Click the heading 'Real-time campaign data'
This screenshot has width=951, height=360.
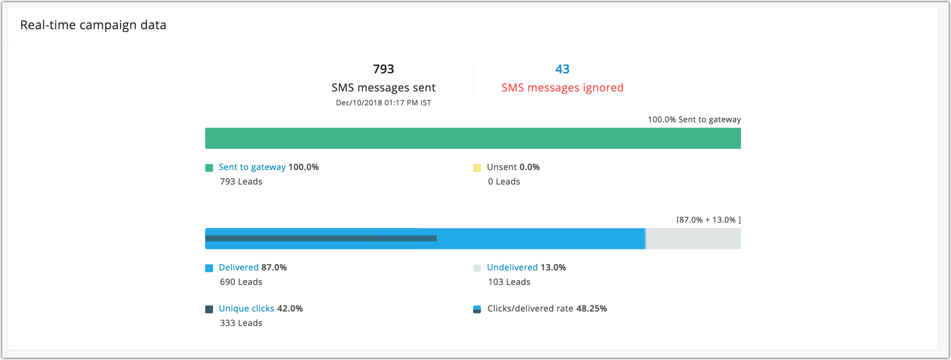[x=93, y=25]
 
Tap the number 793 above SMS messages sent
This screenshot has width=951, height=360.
[x=384, y=69]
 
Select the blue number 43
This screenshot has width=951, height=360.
[x=563, y=69]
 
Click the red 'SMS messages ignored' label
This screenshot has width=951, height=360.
[x=562, y=88]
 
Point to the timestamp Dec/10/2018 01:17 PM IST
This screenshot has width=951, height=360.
[x=384, y=103]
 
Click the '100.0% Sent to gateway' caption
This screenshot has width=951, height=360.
[x=694, y=120]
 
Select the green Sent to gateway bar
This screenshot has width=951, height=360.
[x=472, y=138]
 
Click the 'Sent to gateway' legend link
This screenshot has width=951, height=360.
[x=252, y=167]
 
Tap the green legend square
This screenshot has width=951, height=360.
[x=209, y=168]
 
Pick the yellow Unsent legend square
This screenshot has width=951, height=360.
[x=477, y=168]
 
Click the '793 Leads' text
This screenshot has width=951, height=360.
[x=241, y=182]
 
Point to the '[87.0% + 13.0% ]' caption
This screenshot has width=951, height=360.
[x=708, y=220]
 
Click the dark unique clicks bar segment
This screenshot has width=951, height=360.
[x=321, y=238]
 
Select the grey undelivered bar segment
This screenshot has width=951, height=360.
[x=693, y=239]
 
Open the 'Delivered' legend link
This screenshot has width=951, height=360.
[x=238, y=267]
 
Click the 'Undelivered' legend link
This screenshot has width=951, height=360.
[x=512, y=267]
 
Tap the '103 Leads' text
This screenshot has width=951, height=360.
[x=509, y=282]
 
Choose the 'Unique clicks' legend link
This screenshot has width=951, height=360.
[x=246, y=309]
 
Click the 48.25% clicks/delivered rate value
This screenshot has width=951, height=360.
[x=591, y=309]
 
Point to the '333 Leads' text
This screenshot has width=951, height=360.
[x=241, y=323]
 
